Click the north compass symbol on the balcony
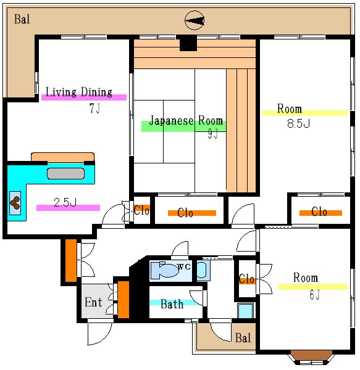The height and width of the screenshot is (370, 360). point(195,20)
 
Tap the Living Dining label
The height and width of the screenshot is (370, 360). point(79,92)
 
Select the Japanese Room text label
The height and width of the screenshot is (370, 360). point(186,120)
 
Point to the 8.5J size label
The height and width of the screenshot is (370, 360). point(298,123)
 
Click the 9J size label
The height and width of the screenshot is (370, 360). point(213,134)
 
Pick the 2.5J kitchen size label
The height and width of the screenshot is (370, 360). point(65,202)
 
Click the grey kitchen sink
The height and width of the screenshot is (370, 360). point(65,173)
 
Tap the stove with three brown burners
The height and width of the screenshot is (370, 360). point(15,203)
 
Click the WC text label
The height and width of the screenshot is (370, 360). point(184,266)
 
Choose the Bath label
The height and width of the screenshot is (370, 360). point(172,304)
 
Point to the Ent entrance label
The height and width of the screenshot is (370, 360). point(93,302)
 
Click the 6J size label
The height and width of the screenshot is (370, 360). point(315,295)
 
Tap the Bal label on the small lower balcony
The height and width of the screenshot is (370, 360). point(243,338)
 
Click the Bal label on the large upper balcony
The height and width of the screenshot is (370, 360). point(22,19)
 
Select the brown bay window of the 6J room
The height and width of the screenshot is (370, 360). point(311,356)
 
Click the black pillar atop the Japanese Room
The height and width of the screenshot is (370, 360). point(188,43)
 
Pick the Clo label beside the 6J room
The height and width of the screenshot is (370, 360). point(246,279)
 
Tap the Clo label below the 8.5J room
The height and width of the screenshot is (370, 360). point(319,212)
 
